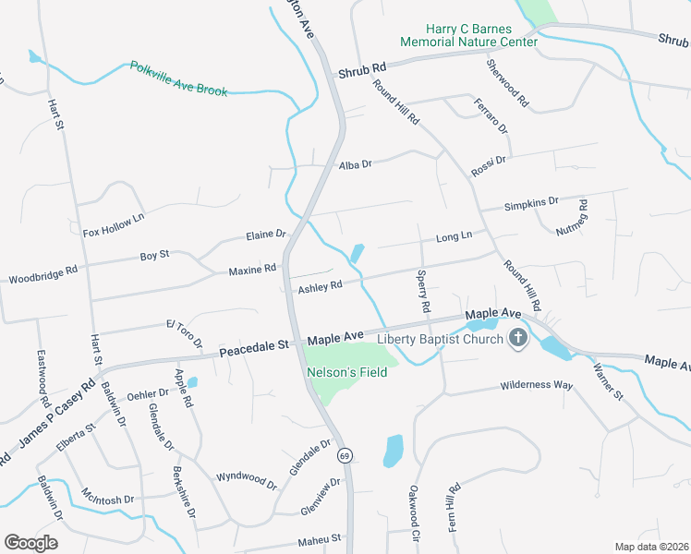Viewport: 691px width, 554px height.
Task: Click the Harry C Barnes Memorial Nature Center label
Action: pyautogui.click(x=468, y=36)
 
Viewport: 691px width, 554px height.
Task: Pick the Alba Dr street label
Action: pyautogui.click(x=355, y=164)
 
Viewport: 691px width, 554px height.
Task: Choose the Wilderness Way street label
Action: pyautogui.click(x=537, y=385)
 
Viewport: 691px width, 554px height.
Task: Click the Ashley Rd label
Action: pyautogui.click(x=320, y=286)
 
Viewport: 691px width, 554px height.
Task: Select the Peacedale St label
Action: pyautogui.click(x=254, y=349)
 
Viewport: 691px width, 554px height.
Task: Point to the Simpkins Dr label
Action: pyautogui.click(x=532, y=202)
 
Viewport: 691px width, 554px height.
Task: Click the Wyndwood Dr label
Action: pyautogui.click(x=246, y=479)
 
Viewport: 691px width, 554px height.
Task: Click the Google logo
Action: pyautogui.click(x=30, y=542)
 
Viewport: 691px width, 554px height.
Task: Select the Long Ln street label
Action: pyautogui.click(x=454, y=237)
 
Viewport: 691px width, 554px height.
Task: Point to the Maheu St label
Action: pyautogui.click(x=319, y=538)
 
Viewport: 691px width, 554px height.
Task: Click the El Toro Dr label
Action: pyautogui.click(x=184, y=331)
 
